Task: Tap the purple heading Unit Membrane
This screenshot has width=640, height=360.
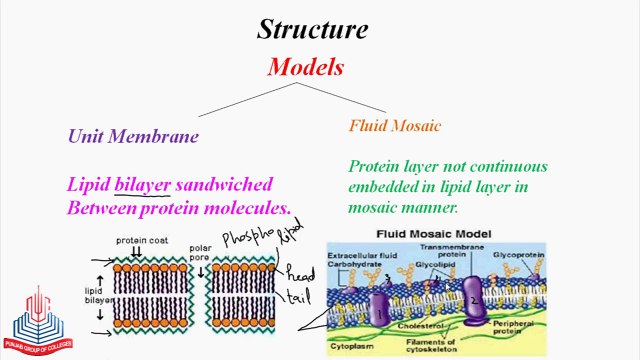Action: coord(133,137)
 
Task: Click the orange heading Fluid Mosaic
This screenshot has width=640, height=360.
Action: coord(395,126)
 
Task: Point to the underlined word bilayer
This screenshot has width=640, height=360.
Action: coord(142,185)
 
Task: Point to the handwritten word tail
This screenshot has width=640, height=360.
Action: coord(298,297)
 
